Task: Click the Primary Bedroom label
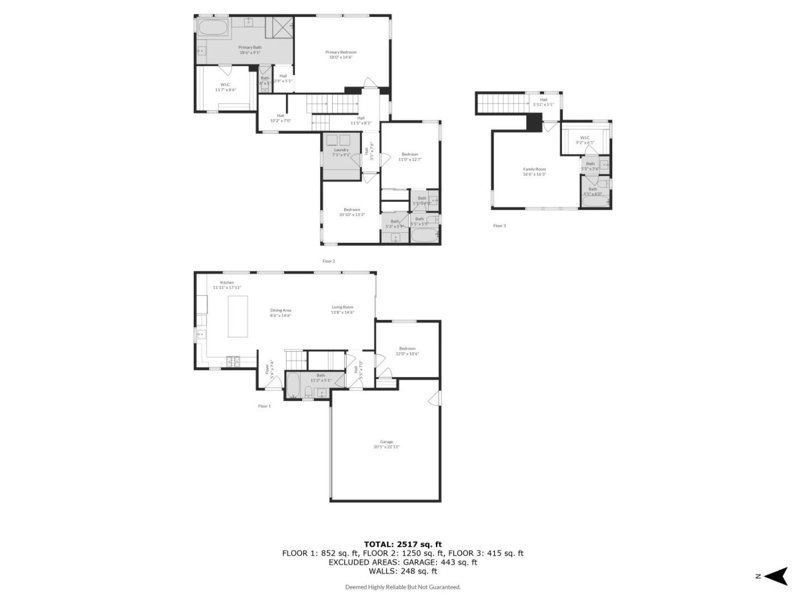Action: click(x=341, y=54)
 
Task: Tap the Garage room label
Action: click(x=387, y=444)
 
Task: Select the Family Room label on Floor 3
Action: click(x=535, y=171)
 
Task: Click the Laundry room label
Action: click(x=341, y=152)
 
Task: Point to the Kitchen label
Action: click(x=227, y=285)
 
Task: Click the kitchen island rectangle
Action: click(x=238, y=316)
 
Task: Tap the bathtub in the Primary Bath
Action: click(x=213, y=28)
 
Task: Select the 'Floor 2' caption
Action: click(x=329, y=261)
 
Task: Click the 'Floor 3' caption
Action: click(x=499, y=226)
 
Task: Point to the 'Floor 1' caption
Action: click(x=264, y=406)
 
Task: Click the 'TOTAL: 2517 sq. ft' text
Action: click(x=402, y=544)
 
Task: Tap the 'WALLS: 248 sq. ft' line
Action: click(x=402, y=571)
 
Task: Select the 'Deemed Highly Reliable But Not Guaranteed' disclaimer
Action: click(x=402, y=587)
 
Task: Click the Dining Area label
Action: click(x=280, y=313)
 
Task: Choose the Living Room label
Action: click(x=343, y=309)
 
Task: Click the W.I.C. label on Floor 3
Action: click(x=585, y=140)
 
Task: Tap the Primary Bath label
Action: click(x=250, y=50)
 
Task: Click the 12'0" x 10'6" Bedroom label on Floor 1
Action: click(x=407, y=351)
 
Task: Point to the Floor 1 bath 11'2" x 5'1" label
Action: click(x=321, y=377)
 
